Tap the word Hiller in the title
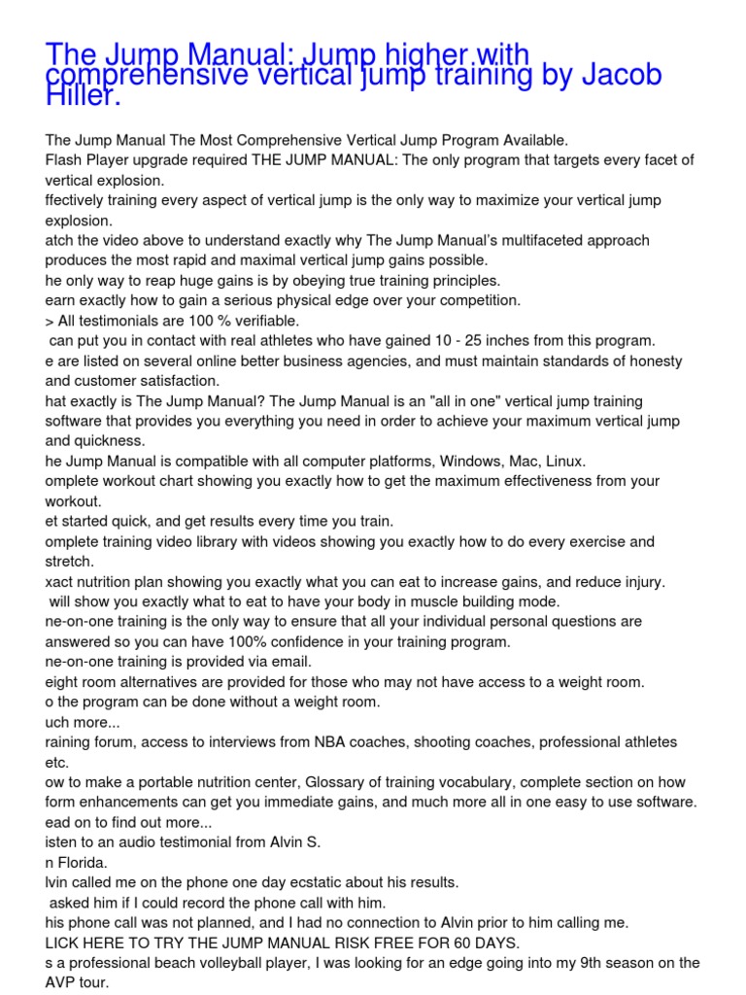(x=83, y=95)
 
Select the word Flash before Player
(x=64, y=160)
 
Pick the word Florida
(x=85, y=862)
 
